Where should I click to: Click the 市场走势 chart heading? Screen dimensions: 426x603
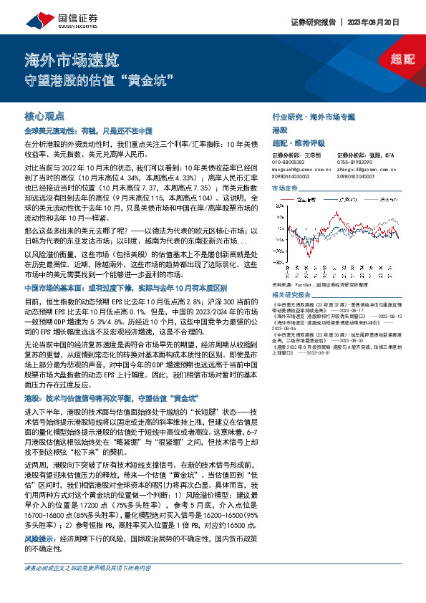[x=284, y=188]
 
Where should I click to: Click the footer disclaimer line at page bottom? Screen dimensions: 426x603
[x=87, y=587]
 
